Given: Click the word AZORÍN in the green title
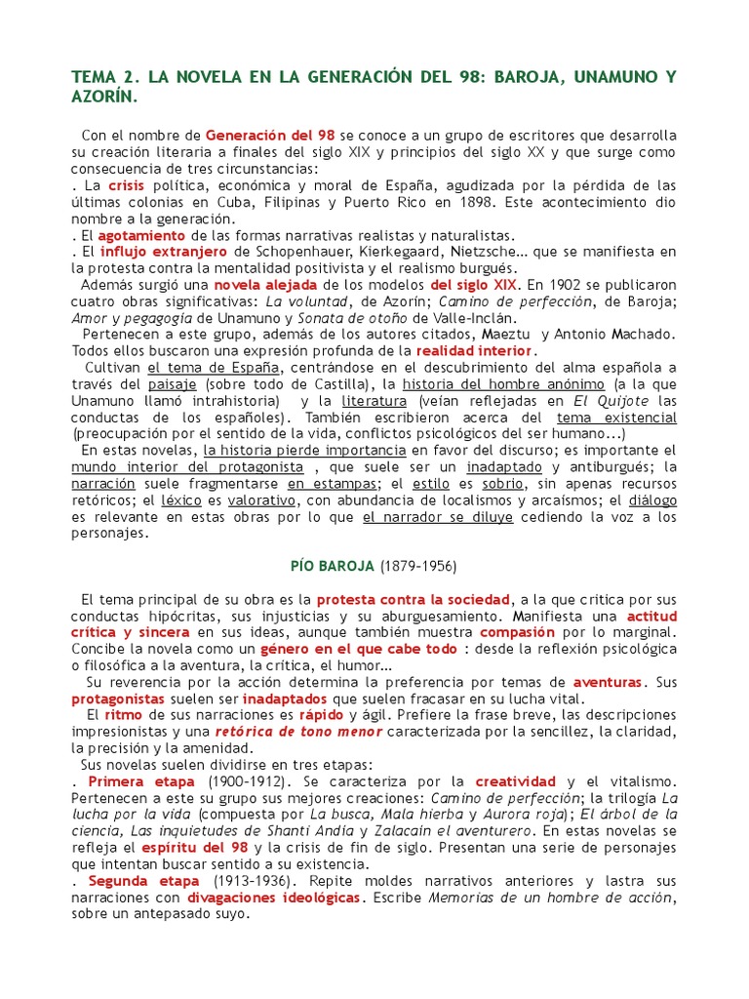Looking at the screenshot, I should point(104,99).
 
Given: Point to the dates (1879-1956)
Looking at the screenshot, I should point(418,566).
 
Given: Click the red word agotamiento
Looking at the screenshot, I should point(141,235).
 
